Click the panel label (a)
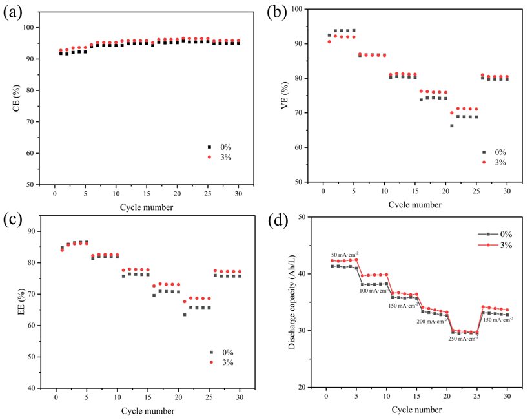[x=12, y=13]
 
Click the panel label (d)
[x=278, y=221]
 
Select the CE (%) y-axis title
[x=16, y=98]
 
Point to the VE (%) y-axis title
[x=285, y=96]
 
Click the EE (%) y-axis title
[x=21, y=302]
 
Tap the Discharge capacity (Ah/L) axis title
[x=291, y=302]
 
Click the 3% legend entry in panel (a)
[x=220, y=157]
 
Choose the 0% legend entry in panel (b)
[x=495, y=152]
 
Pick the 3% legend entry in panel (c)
[x=221, y=362]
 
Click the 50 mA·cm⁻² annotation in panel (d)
[x=345, y=255]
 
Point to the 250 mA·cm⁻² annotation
[x=463, y=339]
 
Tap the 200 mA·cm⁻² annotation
[x=431, y=321]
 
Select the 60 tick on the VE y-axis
[x=298, y=147]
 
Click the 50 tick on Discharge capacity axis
[x=302, y=217]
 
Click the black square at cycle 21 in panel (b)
[x=452, y=125]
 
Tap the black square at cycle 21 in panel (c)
[x=185, y=315]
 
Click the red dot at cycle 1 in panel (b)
[x=329, y=42]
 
